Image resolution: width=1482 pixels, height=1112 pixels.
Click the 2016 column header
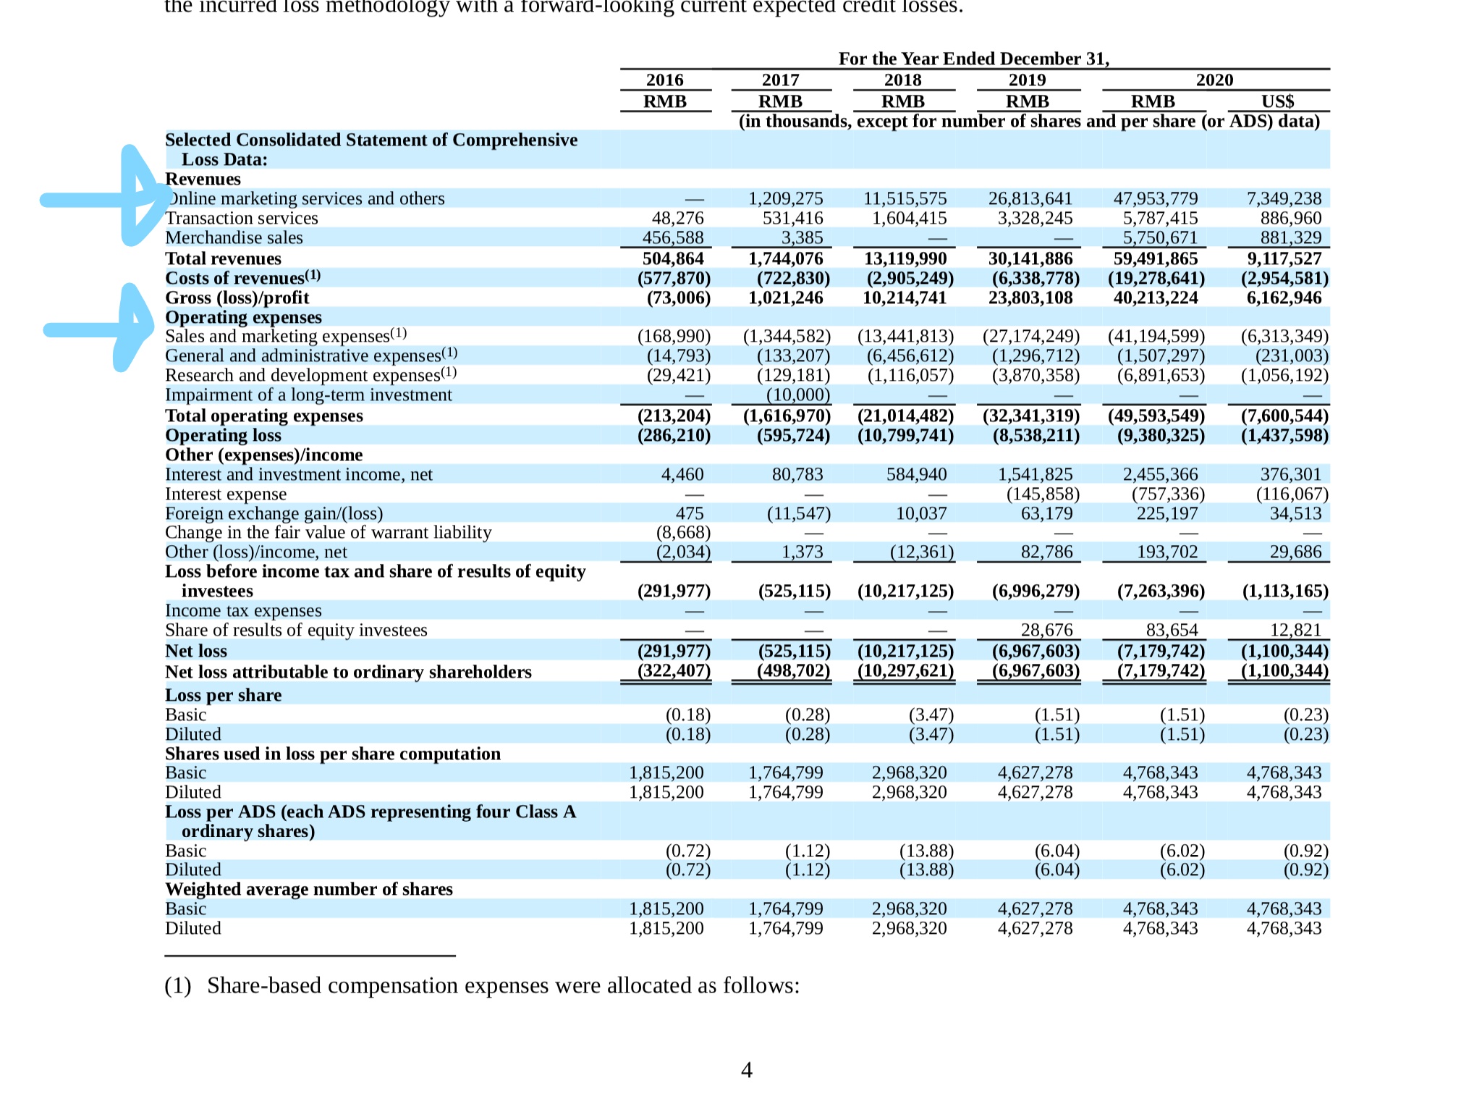(x=664, y=80)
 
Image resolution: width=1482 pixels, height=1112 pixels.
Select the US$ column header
(x=1277, y=101)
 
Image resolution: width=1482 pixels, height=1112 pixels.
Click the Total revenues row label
(x=223, y=258)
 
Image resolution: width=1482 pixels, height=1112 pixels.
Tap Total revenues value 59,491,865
(x=1156, y=258)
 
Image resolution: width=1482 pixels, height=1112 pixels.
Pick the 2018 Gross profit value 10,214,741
(x=905, y=298)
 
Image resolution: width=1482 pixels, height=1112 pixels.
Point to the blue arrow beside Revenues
(x=105, y=196)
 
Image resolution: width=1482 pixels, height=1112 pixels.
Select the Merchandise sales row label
(x=234, y=237)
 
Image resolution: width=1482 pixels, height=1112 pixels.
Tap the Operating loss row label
(x=223, y=435)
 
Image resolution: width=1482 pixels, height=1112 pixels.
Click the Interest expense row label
(x=226, y=494)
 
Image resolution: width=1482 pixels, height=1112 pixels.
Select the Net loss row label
(x=195, y=651)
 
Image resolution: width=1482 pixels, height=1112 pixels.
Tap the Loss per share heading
(x=223, y=695)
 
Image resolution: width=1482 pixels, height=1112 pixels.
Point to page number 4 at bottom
(x=747, y=1070)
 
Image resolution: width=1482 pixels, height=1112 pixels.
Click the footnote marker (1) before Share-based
(x=178, y=986)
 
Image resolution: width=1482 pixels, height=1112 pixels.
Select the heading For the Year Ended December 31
(x=974, y=59)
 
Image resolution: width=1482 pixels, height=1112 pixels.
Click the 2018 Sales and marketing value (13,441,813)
(x=905, y=336)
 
